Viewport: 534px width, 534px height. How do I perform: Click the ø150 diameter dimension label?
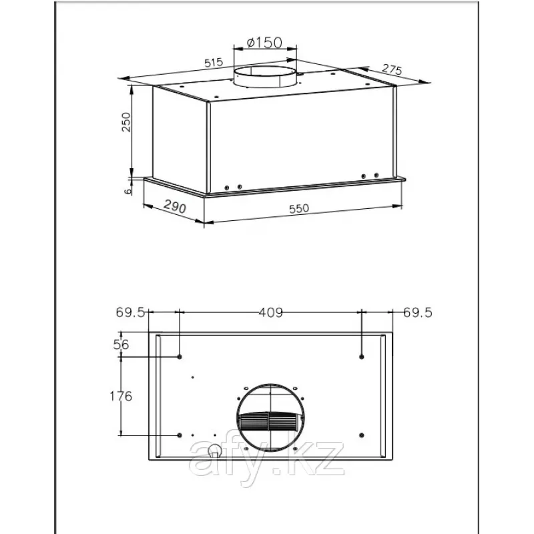pos(264,43)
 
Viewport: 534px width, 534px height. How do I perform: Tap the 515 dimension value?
pos(214,62)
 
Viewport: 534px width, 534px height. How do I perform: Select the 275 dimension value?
pos(392,69)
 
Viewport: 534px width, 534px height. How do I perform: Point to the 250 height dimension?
pos(126,122)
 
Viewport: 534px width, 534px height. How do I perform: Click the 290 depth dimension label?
pos(175,206)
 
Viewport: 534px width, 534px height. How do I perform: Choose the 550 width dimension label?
pos(299,208)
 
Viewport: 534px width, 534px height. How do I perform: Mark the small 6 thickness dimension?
pos(127,191)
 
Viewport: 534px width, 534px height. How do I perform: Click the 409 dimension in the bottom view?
pos(271,312)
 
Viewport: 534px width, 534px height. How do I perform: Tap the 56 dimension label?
pos(121,344)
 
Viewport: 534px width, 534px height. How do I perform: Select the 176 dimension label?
pos(121,396)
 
